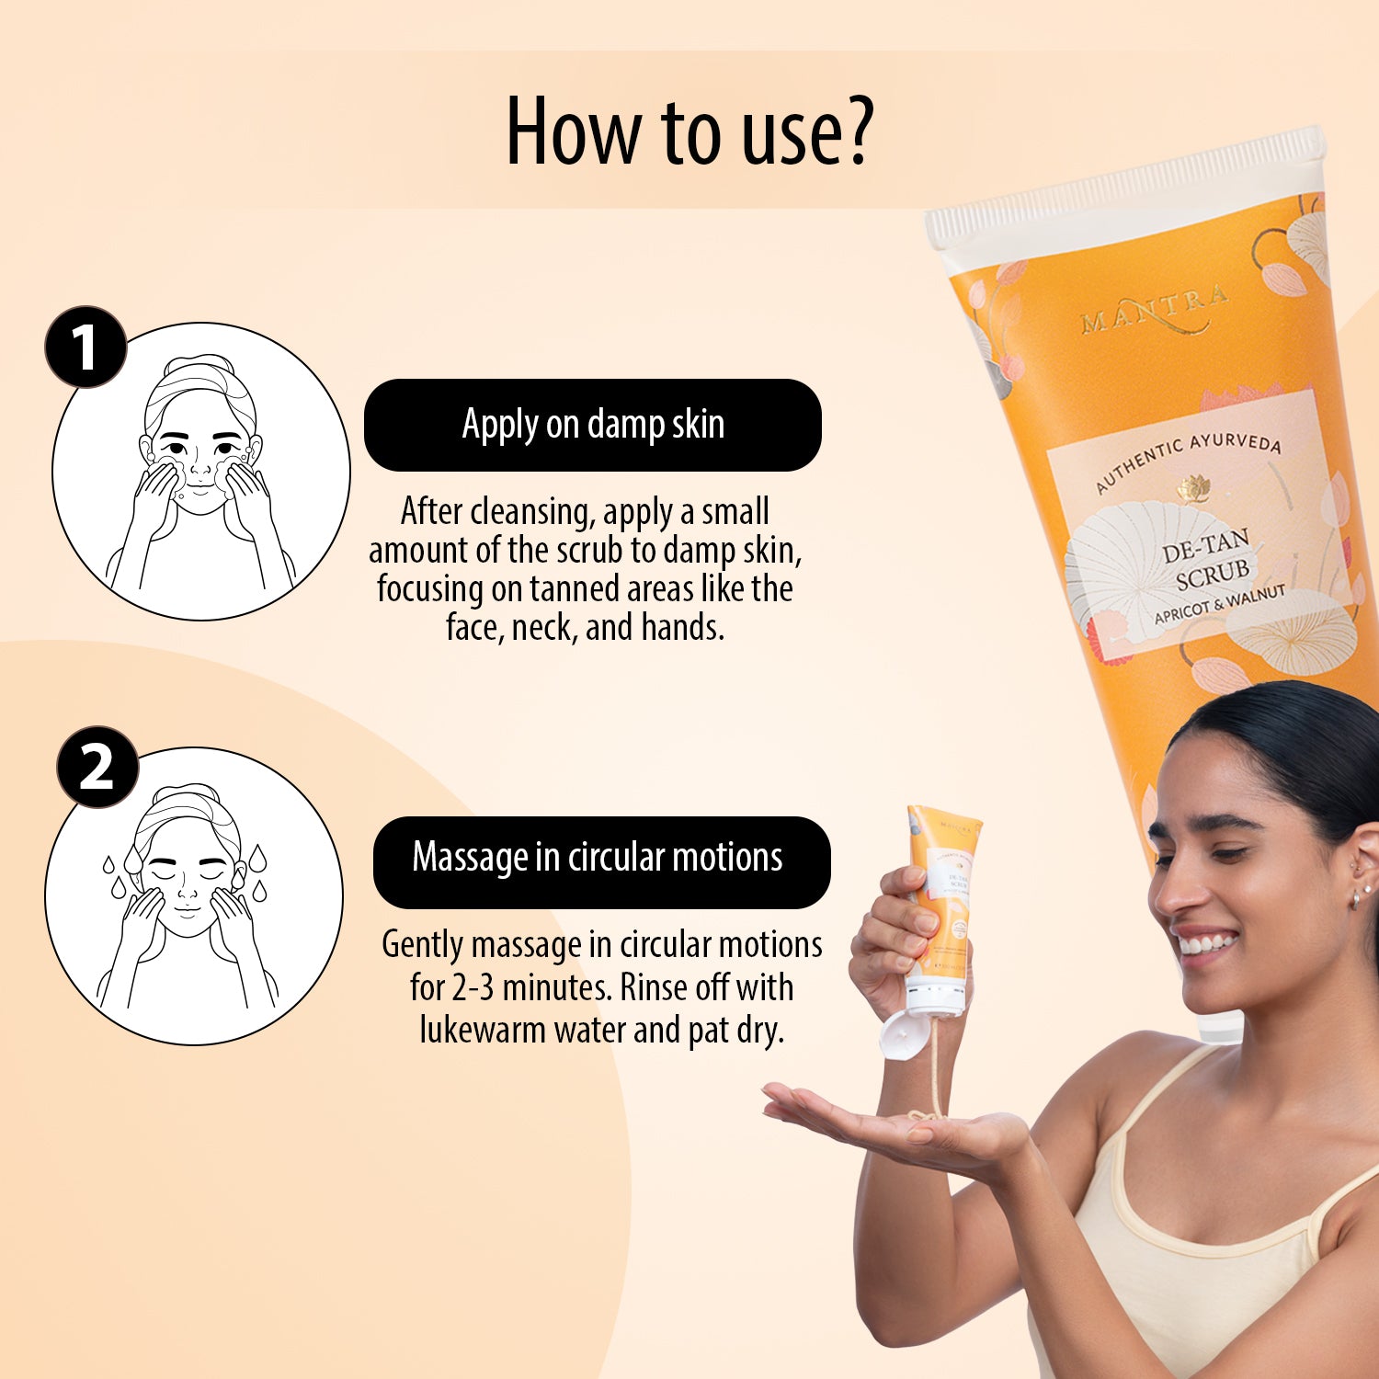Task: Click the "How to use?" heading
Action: pyautogui.click(x=689, y=131)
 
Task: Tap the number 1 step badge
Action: pyautogui.click(x=85, y=347)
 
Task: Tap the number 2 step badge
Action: pyautogui.click(x=97, y=768)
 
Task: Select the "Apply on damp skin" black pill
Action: pyautogui.click(x=593, y=425)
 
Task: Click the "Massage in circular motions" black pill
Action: pyautogui.click(x=601, y=858)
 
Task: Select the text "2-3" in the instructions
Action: pyautogui.click(x=473, y=987)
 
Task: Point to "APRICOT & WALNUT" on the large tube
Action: pyautogui.click(x=1219, y=604)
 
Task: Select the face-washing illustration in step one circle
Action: pyautogui.click(x=200, y=472)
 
